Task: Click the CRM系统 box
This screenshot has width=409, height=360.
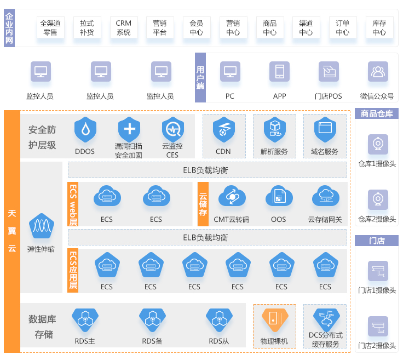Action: (x=123, y=27)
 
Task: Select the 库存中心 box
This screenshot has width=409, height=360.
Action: (x=379, y=27)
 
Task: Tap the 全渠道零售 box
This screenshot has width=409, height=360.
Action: (x=50, y=27)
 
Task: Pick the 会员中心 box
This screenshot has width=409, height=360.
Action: (x=196, y=27)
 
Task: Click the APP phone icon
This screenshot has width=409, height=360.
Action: (x=279, y=72)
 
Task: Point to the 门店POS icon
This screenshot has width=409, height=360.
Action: (x=329, y=72)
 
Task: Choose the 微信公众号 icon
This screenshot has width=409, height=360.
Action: (x=377, y=72)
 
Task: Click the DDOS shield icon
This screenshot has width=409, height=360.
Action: (x=85, y=129)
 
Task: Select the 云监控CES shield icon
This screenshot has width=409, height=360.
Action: (x=172, y=129)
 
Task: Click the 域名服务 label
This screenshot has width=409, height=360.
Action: (x=324, y=152)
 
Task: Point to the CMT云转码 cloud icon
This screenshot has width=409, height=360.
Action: (x=231, y=197)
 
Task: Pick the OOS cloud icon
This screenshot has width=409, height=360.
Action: (x=278, y=197)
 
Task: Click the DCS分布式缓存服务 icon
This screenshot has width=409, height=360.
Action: (x=325, y=319)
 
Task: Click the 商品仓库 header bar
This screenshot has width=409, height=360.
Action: (x=377, y=114)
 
